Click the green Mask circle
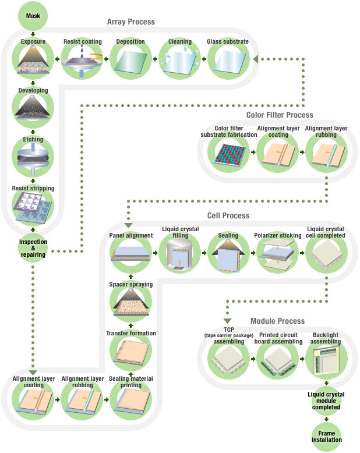pos(33,16)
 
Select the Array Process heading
pos(130,22)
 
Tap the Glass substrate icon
pos(228,61)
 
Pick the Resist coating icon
pos(82,61)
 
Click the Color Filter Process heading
pos(280,115)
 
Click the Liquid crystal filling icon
pos(180,254)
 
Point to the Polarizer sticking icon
pos(278,254)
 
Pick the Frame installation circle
pos(326,436)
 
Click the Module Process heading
pos(277,321)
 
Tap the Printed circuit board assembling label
pos(278,338)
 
